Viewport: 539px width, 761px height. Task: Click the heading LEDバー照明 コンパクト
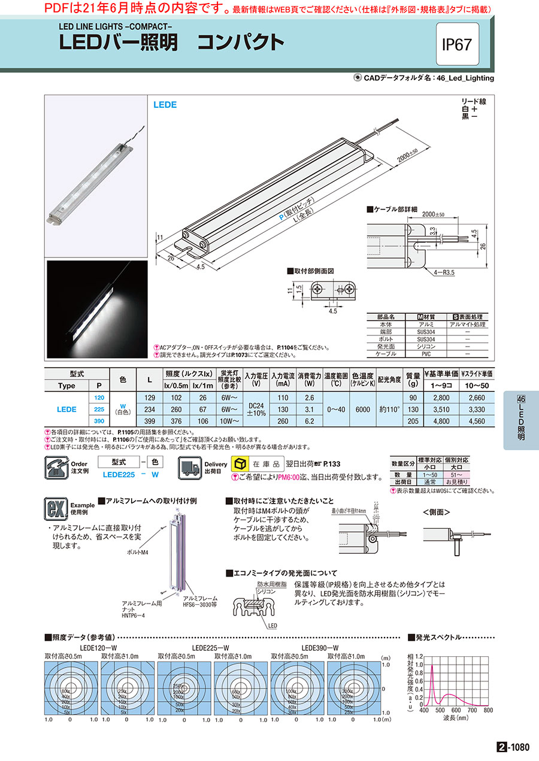tap(171, 43)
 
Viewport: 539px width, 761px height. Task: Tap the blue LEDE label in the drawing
tap(165, 104)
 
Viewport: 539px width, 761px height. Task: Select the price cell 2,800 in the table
tap(440, 398)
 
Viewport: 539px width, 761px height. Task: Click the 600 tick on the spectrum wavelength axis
tap(456, 710)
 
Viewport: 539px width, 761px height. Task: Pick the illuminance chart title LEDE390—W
tap(320, 648)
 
